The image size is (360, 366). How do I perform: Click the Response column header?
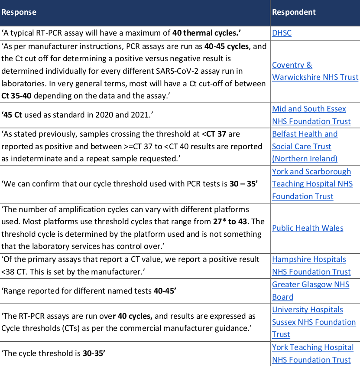pyautogui.click(x=19, y=12)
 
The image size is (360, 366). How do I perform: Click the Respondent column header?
pyautogui.click(x=294, y=12)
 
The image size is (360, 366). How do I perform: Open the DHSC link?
pyautogui.click(x=282, y=33)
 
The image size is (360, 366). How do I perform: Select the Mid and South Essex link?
pyautogui.click(x=309, y=109)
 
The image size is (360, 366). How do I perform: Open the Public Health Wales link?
pyautogui.click(x=308, y=228)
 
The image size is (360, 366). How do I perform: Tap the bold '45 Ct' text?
pyautogui.click(x=13, y=115)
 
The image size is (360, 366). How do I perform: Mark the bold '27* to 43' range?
pyautogui.click(x=230, y=222)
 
